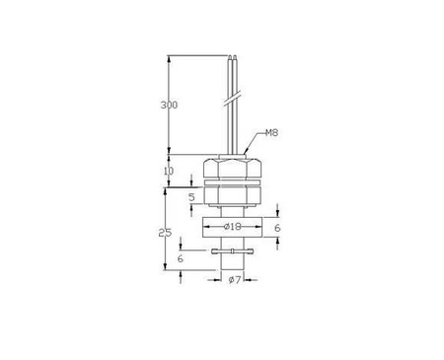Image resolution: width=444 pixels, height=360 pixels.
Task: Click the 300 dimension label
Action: (169, 105)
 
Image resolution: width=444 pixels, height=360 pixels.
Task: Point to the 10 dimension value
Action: (169, 171)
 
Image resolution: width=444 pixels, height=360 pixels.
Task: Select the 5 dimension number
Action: (191, 197)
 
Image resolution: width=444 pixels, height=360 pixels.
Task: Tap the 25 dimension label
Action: (165, 233)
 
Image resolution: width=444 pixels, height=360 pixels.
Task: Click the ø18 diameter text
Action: (232, 227)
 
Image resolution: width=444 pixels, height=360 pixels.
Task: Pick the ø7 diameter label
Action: (235, 280)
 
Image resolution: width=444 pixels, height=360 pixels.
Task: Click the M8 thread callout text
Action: (271, 133)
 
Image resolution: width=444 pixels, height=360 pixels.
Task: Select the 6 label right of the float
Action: (277, 228)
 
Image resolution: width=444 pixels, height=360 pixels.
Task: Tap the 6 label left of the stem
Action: (181, 258)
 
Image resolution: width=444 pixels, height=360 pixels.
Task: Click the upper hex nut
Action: (232, 168)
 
